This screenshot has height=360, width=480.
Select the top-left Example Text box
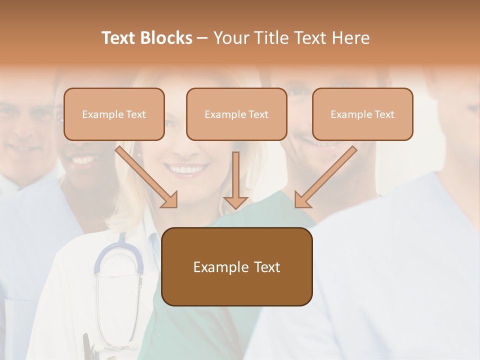(x=114, y=114)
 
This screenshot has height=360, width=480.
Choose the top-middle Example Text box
(x=236, y=114)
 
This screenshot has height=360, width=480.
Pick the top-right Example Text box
(x=362, y=114)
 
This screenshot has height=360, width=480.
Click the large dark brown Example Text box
(x=237, y=267)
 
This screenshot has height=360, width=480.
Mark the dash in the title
(x=202, y=38)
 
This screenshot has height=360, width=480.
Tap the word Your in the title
(x=232, y=38)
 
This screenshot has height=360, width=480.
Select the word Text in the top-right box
(x=384, y=114)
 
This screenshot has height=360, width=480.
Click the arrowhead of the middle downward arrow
(x=235, y=202)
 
